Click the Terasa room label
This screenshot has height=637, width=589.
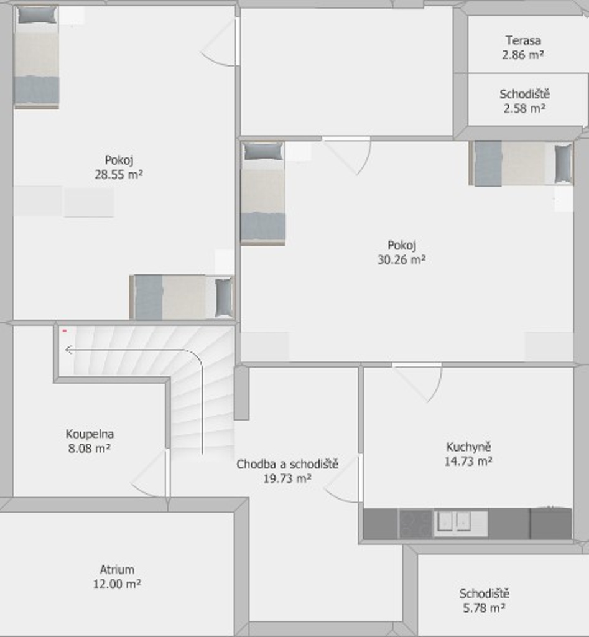(523, 40)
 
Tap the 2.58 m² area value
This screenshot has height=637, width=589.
(524, 108)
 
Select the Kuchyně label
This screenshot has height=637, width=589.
(468, 447)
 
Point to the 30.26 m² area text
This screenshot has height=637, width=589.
(401, 259)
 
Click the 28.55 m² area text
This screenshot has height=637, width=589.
(119, 174)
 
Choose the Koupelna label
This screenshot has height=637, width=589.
(90, 434)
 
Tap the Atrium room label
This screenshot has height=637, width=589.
(117, 570)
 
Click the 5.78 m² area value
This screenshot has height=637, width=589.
(484, 608)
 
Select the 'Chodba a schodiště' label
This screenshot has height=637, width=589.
(287, 464)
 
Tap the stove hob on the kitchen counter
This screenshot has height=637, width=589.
(416, 524)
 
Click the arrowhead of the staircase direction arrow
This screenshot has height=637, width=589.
(69, 350)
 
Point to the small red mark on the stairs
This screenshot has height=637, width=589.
(64, 331)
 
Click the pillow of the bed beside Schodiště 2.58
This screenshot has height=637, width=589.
(563, 164)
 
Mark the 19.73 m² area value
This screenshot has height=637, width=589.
(287, 478)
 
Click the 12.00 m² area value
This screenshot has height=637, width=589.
(117, 584)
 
